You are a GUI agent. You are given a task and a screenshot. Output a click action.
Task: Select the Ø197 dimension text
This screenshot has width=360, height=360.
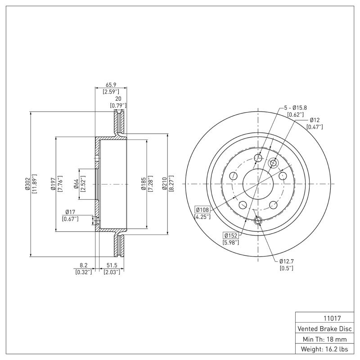click(x=53, y=184)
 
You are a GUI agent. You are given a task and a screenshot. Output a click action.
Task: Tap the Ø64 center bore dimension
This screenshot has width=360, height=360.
click(x=76, y=184)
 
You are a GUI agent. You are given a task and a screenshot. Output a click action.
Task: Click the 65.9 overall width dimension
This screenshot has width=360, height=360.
click(x=111, y=84)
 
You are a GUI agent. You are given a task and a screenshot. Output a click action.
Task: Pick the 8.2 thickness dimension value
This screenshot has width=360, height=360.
click(x=84, y=265)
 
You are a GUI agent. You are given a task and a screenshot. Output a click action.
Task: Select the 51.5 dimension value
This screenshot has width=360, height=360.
click(x=111, y=265)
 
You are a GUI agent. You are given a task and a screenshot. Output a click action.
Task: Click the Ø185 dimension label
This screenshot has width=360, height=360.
click(x=143, y=184)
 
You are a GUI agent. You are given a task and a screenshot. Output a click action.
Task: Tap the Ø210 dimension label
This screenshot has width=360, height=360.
click(x=164, y=184)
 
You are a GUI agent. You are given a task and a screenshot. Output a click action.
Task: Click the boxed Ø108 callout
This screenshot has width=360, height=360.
click(x=202, y=209)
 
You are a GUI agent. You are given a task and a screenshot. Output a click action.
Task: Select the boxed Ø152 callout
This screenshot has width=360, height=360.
click(x=231, y=235)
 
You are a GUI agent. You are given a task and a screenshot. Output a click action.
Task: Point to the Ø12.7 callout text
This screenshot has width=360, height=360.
click(x=286, y=261)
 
